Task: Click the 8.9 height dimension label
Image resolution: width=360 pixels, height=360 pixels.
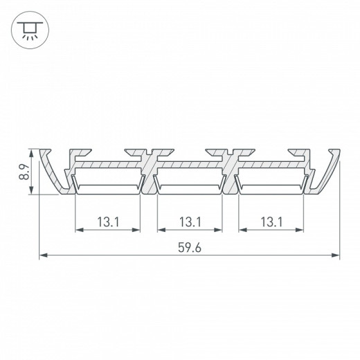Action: pos(23,172)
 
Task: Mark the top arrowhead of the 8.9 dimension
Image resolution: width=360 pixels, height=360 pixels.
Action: pos(31,152)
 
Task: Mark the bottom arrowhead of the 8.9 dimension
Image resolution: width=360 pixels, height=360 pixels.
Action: pos(31,193)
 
